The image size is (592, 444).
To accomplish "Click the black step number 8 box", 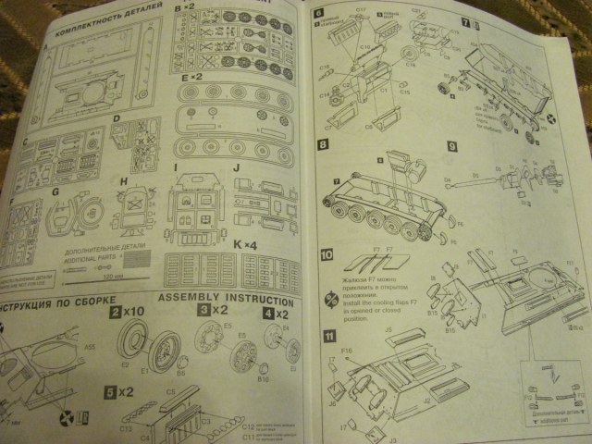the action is point(323,145).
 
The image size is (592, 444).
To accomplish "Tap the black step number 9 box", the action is point(451,145).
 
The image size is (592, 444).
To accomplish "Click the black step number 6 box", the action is point(319,13).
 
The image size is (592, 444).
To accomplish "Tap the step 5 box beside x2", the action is point(110,392).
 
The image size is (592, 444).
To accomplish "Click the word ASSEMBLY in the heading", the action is point(188,298).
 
